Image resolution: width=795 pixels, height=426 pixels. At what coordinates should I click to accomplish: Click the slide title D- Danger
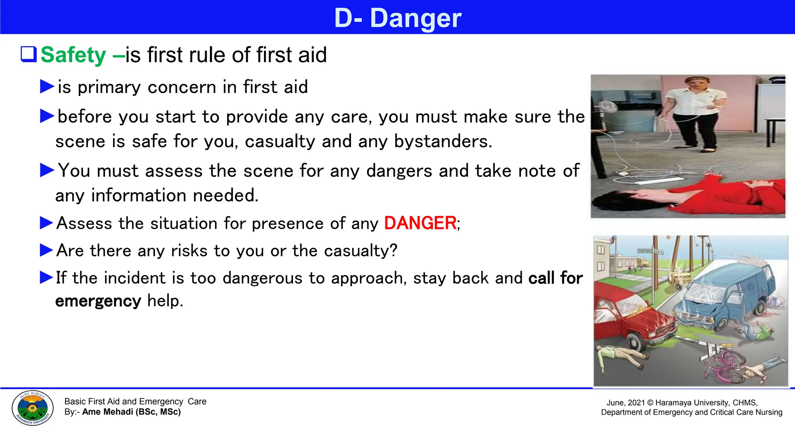(397, 18)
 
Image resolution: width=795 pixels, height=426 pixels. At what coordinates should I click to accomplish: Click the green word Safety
(73, 55)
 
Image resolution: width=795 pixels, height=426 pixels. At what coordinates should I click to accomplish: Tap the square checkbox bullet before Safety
(28, 54)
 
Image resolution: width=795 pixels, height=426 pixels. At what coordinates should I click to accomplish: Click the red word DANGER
(420, 223)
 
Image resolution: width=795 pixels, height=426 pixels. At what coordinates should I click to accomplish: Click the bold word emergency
(98, 301)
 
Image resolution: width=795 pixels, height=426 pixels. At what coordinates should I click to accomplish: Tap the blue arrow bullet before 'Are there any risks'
(47, 250)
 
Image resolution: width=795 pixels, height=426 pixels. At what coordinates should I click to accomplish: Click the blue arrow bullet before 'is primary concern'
(47, 86)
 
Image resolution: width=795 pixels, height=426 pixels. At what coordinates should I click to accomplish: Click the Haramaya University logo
(33, 408)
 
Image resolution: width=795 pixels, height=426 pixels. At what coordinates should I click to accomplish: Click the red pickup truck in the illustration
(629, 318)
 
